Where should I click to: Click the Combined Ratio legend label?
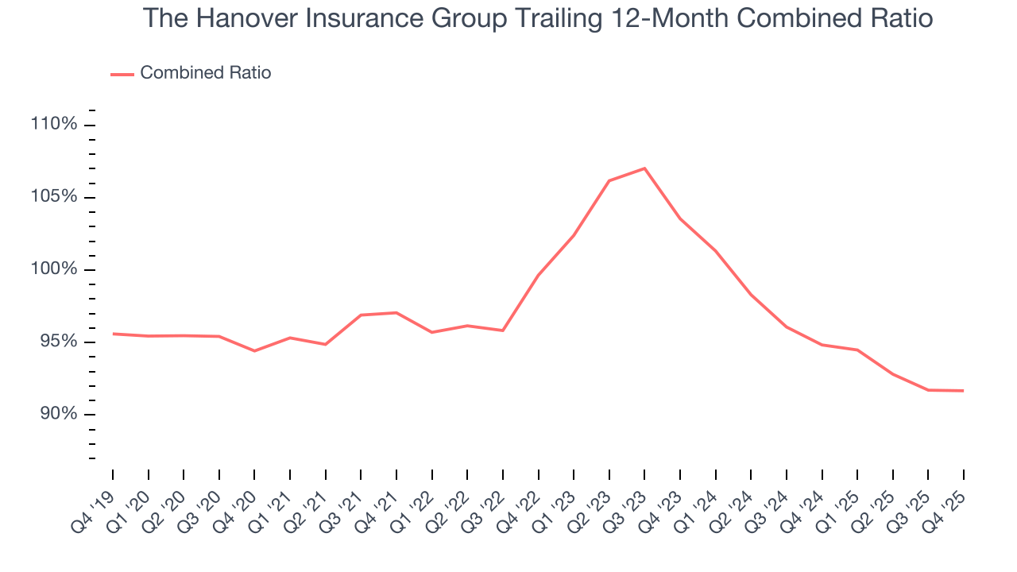[205, 73]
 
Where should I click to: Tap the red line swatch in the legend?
[122, 74]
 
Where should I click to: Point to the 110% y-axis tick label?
[53, 125]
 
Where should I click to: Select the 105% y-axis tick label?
[53, 197]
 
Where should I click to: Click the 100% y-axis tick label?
[53, 269]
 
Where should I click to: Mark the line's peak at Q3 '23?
[644, 168]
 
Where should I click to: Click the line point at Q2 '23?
[609, 181]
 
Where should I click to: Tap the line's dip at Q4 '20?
[254, 350]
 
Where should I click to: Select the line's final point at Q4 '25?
[964, 391]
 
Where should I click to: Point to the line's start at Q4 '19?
[113, 334]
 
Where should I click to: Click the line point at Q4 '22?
[538, 276]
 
